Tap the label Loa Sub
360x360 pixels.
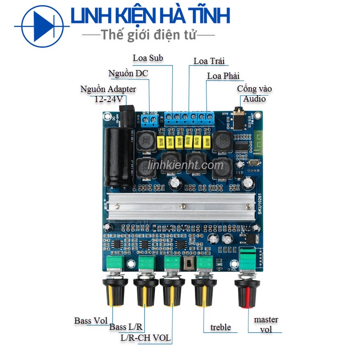[148, 58]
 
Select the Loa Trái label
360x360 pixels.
[209, 61]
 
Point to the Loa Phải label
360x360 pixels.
[223, 76]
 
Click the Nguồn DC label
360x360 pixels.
[128, 73]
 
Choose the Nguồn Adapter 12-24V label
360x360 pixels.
[108, 94]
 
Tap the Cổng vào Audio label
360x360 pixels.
[254, 94]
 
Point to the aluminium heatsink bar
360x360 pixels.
[181, 206]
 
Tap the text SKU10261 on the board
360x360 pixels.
[259, 204]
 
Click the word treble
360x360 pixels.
[221, 327]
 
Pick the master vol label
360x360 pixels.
[266, 324]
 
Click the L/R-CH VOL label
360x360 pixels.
[145, 338]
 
